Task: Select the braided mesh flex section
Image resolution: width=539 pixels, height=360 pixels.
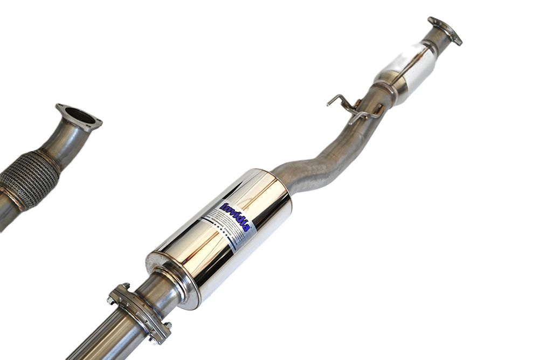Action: [x=30, y=178]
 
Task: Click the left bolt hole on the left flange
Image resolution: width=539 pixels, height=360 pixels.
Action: [x=60, y=107]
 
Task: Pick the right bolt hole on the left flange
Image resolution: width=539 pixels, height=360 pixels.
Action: [x=97, y=123]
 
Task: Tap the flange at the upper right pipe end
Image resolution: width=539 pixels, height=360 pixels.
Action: [x=445, y=30]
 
